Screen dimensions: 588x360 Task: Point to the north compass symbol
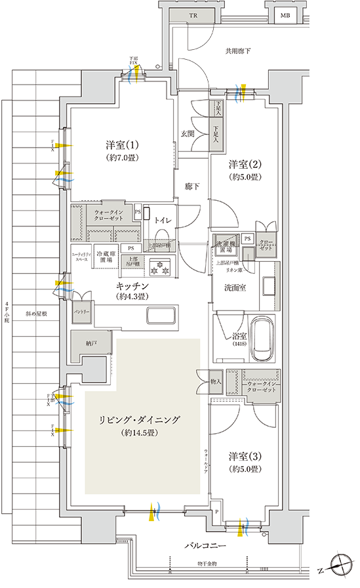(x=340, y=564)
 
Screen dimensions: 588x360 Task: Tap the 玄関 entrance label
(x=188, y=134)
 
